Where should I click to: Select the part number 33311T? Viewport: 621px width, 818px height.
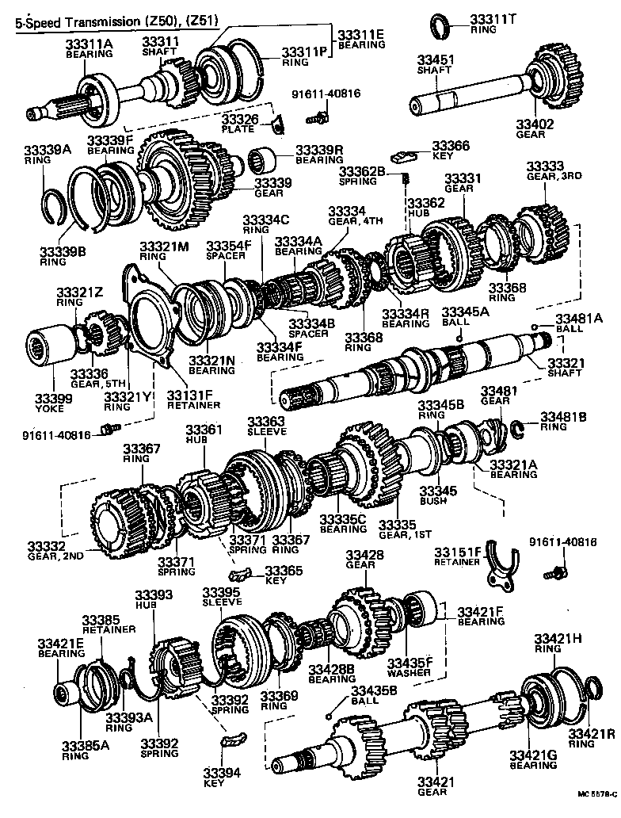490,18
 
